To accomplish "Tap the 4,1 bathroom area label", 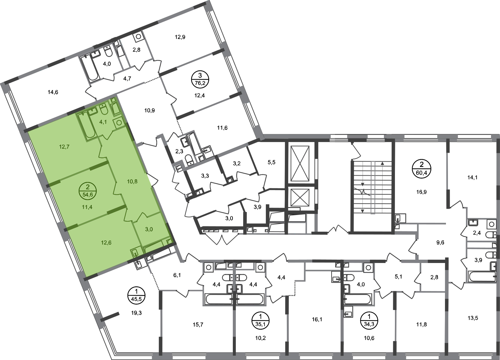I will pos(103,122).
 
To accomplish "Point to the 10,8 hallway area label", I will pos(133,182).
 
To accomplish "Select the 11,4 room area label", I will pos(88,207).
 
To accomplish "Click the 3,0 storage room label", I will pos(149,229).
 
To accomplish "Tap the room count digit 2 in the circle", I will pos(88,187).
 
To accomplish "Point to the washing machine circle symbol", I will pos(119,123).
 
